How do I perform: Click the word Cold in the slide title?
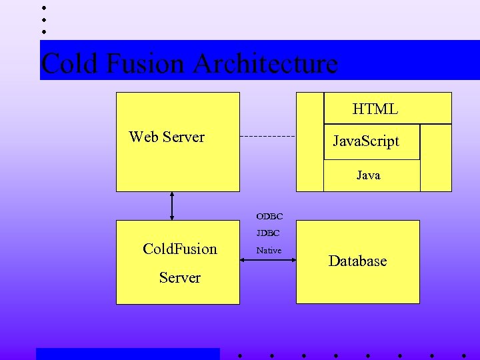(x=69, y=64)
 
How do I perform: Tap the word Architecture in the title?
(x=265, y=64)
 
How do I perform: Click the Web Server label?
(x=167, y=137)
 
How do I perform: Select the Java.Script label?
(x=366, y=141)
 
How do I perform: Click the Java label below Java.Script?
(x=368, y=175)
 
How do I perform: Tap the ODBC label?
(x=269, y=217)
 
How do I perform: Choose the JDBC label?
(x=268, y=233)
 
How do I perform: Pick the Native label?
(x=269, y=251)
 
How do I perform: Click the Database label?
(x=357, y=261)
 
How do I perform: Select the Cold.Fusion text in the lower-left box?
(x=180, y=249)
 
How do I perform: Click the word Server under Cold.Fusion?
(x=180, y=278)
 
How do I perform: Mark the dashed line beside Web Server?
(x=267, y=137)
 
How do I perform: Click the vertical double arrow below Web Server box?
(x=172, y=205)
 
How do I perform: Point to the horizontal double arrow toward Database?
(x=267, y=260)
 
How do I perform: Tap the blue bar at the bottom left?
(x=127, y=354)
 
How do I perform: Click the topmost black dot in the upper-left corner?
(x=43, y=7)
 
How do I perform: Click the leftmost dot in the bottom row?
(x=239, y=355)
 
